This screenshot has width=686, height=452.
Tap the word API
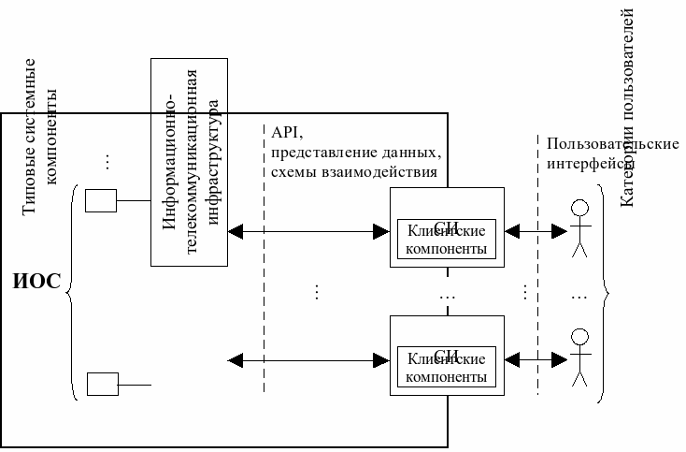point(282,131)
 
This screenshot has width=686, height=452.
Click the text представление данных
point(355,152)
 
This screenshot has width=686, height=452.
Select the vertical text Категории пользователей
point(628,108)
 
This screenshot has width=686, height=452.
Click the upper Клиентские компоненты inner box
point(447,241)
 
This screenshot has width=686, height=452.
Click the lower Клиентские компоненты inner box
point(447,368)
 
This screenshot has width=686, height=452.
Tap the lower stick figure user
point(580,357)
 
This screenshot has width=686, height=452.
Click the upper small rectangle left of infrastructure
point(101,200)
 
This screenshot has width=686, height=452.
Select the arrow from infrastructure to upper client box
point(308,229)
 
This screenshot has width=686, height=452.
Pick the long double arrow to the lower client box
point(308,358)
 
